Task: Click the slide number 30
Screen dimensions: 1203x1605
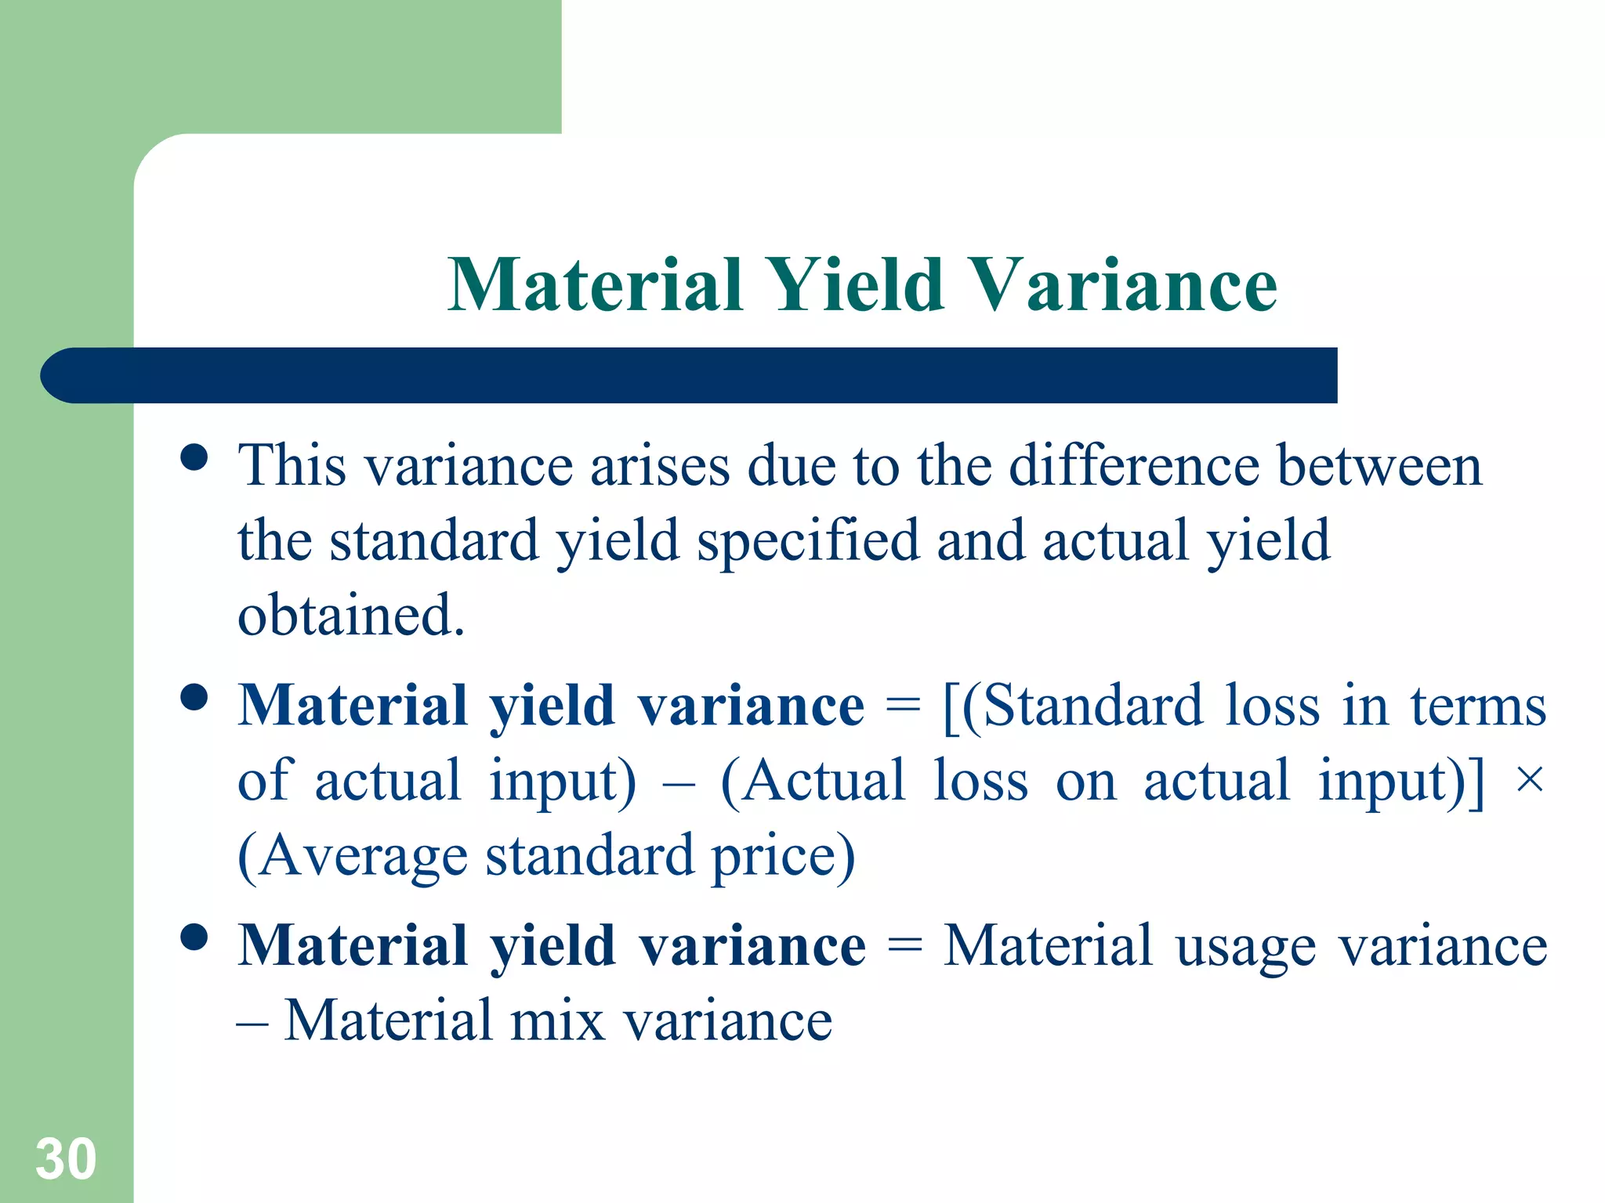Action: pos(66,1159)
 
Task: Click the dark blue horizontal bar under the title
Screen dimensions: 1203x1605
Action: pos(690,375)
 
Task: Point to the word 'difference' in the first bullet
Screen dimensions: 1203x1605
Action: pos(1133,465)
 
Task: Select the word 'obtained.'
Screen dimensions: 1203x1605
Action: pos(351,616)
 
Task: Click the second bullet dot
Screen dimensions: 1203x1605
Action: pos(194,696)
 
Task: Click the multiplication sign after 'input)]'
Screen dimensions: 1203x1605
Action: pos(1529,780)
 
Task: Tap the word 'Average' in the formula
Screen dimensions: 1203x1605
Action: pos(364,856)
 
